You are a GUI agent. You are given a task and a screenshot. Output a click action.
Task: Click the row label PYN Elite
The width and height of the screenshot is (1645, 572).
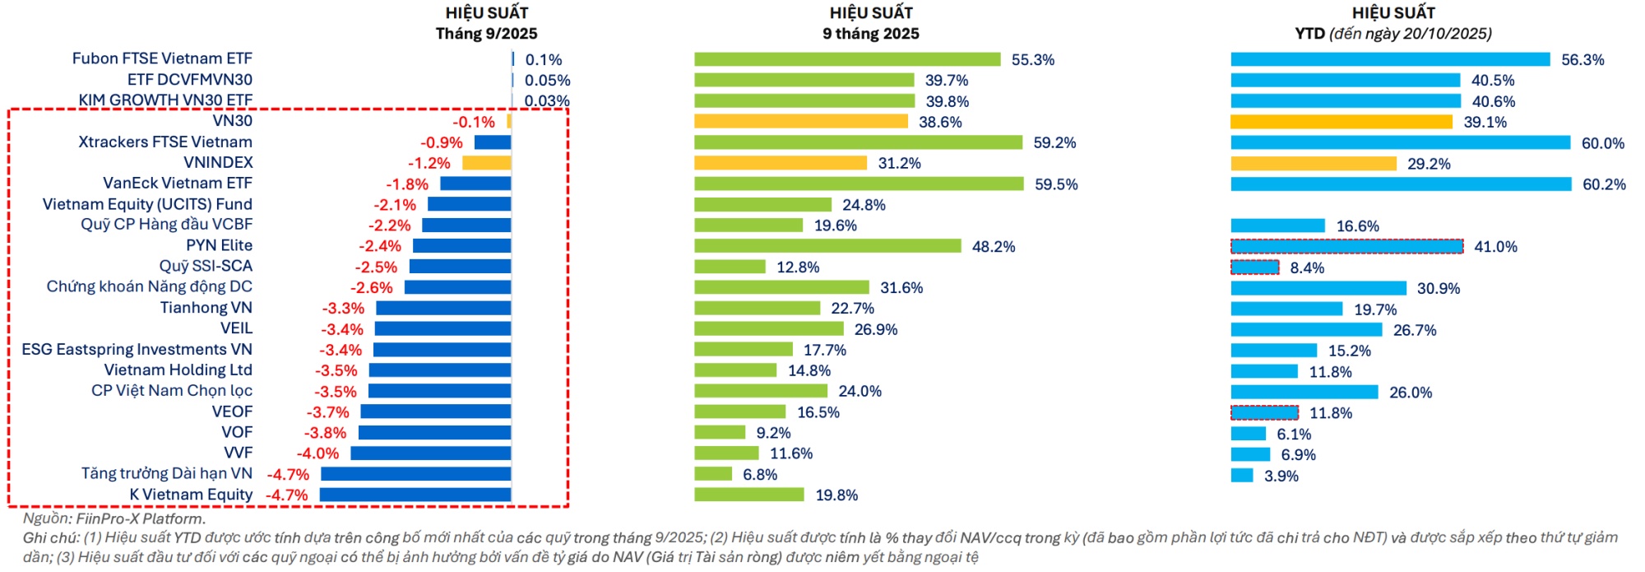click(219, 245)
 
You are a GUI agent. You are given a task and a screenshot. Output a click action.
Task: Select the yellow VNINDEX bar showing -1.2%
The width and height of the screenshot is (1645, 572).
click(486, 163)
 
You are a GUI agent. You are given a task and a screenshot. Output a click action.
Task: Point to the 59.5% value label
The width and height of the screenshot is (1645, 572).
click(1056, 184)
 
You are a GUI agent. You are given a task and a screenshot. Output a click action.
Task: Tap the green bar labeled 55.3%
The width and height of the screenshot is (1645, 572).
click(847, 59)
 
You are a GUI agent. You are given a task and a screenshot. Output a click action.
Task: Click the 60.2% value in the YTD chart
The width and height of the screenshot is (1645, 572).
click(1604, 184)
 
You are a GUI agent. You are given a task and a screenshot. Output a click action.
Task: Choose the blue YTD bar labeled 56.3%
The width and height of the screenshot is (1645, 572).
click(1390, 59)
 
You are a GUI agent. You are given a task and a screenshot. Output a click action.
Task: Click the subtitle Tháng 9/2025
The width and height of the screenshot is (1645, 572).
click(486, 34)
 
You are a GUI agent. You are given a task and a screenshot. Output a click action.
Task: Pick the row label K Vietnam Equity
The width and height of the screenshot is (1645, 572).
click(191, 495)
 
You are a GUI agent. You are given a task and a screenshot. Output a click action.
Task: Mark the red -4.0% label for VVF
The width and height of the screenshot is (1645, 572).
click(317, 453)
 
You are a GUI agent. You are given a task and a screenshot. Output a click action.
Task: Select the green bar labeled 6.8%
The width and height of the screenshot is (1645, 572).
click(713, 474)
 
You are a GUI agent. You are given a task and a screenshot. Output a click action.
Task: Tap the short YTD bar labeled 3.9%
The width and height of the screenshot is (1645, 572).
click(1242, 476)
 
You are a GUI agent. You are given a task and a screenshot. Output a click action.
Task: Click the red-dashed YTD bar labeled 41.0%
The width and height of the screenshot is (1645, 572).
click(1347, 246)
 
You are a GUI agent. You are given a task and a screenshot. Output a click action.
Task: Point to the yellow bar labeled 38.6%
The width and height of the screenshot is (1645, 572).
click(800, 122)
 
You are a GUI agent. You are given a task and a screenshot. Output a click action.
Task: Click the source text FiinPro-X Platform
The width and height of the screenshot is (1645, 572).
click(140, 519)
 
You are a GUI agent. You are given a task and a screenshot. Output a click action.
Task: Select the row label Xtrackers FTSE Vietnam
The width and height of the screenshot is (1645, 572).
click(165, 142)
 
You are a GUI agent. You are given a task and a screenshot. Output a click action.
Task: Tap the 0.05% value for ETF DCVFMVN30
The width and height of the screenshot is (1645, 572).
click(547, 81)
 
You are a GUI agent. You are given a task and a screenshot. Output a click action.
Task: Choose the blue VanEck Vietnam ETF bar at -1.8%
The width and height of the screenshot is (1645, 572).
click(475, 184)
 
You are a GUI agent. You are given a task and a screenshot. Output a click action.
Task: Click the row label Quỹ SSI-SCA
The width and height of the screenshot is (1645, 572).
click(206, 266)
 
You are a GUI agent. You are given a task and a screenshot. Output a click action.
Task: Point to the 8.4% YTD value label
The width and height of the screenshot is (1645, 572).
click(1307, 267)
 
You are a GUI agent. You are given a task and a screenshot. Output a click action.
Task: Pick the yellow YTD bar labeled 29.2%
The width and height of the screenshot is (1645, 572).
click(1314, 164)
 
